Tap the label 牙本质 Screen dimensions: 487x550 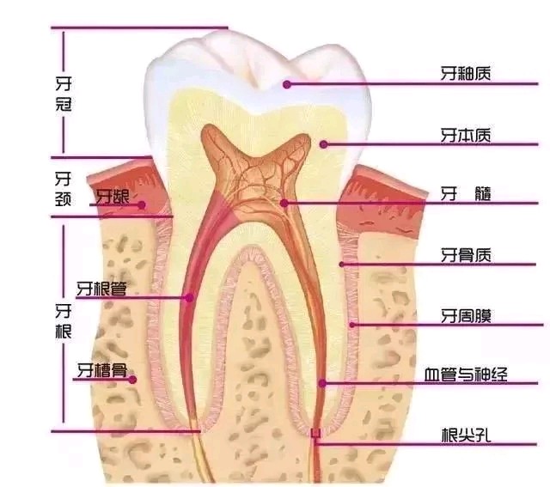coord(467,135)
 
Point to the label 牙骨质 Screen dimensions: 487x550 coord(467,255)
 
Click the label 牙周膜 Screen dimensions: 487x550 coord(467,315)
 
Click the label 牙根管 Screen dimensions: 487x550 coord(101,289)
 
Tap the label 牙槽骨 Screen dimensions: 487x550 coord(101,370)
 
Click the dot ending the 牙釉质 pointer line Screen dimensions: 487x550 coord(288,84)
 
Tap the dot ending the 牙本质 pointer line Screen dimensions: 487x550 coord(323,144)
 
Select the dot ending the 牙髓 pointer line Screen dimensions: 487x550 coord(283,204)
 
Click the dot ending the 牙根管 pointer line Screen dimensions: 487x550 coord(189,298)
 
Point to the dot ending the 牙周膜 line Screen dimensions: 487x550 coord(352,325)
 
